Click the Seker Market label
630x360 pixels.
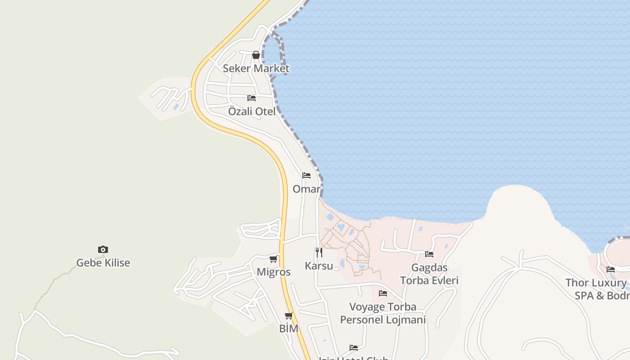256,68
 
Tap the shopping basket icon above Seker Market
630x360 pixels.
256,55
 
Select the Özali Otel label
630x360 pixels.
252,111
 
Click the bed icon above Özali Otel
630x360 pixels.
252,98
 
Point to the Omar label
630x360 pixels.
306,189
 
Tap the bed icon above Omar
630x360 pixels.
306,175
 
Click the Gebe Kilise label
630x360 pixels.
103,263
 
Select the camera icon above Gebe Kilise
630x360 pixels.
103,249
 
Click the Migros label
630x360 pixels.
274,272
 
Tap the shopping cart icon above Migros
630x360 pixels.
273,259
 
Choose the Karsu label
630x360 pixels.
319,265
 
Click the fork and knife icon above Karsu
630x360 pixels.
319,252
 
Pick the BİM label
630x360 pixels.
288,328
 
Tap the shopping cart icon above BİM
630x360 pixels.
288,315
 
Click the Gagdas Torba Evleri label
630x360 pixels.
429,274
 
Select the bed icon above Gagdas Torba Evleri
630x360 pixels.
429,254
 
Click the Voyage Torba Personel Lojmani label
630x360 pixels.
383,313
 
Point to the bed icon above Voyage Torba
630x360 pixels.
383,293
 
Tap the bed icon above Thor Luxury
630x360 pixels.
611,270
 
